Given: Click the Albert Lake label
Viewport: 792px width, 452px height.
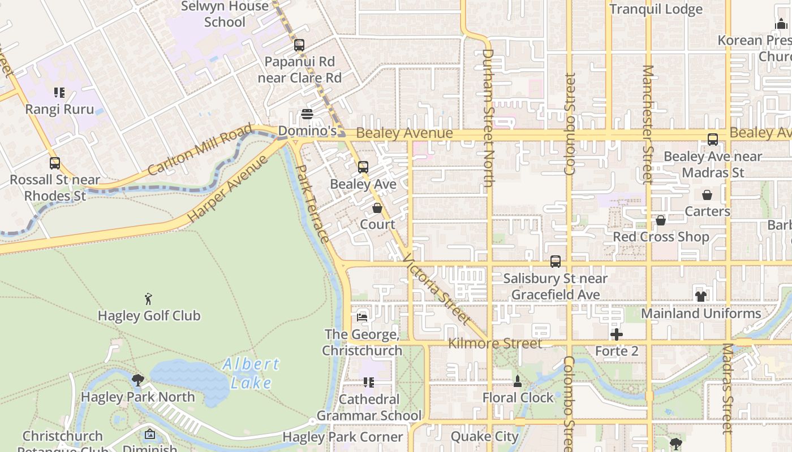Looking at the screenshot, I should coord(251,373).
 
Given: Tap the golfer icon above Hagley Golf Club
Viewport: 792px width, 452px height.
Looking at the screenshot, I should coord(148,299).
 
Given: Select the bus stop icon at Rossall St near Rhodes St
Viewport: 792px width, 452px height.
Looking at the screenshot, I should coord(55,163).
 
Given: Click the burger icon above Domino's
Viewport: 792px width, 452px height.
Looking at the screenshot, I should coord(307,115).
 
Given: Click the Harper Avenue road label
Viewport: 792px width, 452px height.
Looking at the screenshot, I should coord(227,189).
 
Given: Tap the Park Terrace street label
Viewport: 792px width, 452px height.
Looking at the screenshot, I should coord(312,203).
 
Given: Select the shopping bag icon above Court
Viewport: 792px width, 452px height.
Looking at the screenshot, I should coord(377,208).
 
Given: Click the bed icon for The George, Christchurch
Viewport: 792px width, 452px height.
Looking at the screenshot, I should coord(362,317).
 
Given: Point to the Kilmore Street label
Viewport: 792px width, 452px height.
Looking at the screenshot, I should coord(495,344).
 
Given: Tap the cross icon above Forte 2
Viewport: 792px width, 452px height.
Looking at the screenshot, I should coord(617,334).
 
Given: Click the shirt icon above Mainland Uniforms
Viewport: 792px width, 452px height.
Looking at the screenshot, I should coord(701,296).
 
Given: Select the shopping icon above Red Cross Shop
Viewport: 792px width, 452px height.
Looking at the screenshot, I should coord(661,220).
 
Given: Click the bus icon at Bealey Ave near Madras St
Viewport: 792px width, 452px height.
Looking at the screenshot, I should coord(713,140).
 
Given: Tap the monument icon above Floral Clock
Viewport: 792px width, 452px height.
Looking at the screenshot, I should coord(518,381).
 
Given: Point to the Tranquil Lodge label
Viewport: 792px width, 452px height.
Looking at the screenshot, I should coord(656,9).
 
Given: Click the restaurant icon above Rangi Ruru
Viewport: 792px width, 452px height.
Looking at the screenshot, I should coord(59,92).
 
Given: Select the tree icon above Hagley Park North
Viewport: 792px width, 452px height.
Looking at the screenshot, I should coord(137,380).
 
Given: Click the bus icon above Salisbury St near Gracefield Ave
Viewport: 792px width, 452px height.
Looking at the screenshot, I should coord(556,262).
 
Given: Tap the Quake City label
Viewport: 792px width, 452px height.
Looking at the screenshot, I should coord(484,437).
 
